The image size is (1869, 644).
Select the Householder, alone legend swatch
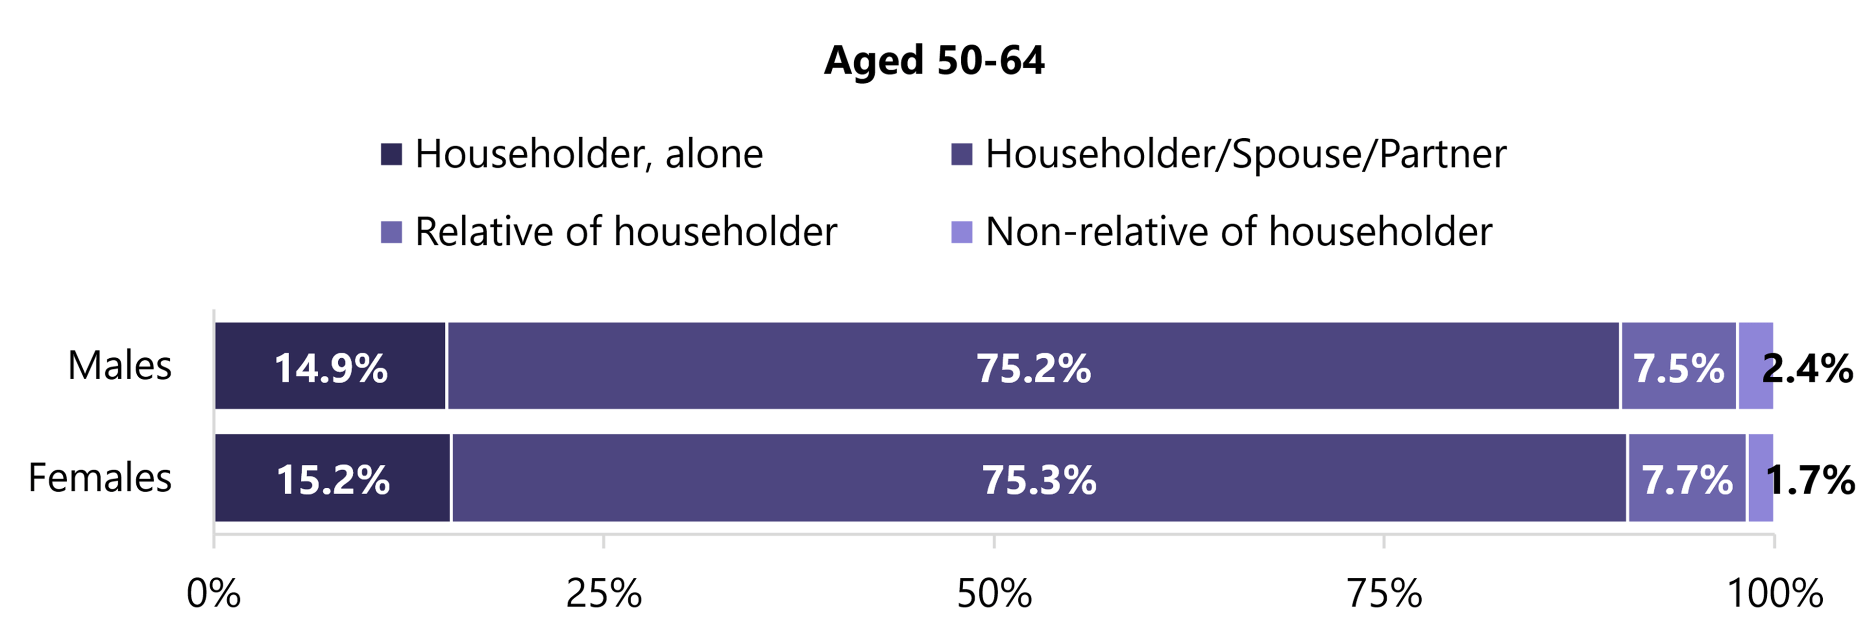(x=391, y=154)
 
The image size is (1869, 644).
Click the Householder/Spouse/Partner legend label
(x=1245, y=154)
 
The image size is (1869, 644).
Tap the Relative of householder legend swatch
(x=391, y=233)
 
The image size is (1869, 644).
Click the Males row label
(x=120, y=366)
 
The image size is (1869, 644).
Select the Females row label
(x=100, y=478)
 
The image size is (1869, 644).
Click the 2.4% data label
(x=1807, y=368)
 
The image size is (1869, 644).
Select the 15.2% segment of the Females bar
(x=333, y=478)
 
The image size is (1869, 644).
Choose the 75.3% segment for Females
(x=1038, y=478)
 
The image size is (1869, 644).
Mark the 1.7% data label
(x=1810, y=480)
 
